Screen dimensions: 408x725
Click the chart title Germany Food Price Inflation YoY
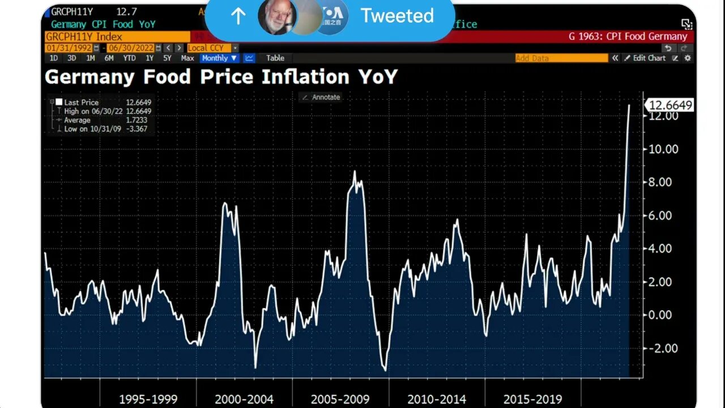(x=221, y=76)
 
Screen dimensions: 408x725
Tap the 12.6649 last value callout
(x=670, y=105)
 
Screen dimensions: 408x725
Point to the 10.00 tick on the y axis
(x=663, y=149)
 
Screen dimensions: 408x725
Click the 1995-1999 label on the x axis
(x=148, y=399)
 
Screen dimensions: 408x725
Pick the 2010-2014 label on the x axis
(x=436, y=399)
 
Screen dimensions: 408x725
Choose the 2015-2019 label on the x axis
(x=532, y=399)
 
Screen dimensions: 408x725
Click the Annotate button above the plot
(x=321, y=97)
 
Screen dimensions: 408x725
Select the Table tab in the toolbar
(x=275, y=58)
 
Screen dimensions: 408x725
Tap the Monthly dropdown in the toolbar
(x=219, y=58)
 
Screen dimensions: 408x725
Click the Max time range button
(x=187, y=58)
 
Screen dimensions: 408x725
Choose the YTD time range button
(x=129, y=58)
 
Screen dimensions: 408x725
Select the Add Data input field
(x=561, y=58)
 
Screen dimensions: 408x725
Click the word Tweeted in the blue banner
(x=397, y=16)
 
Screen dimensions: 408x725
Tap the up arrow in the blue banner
(x=238, y=16)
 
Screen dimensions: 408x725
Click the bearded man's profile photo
(x=277, y=16)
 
